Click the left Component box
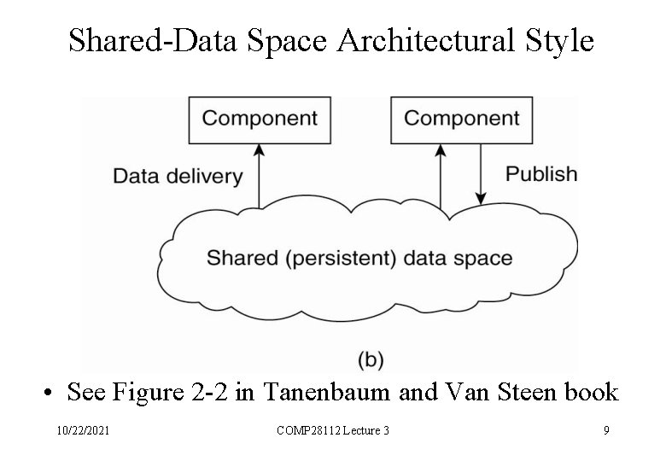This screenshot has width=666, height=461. (x=259, y=119)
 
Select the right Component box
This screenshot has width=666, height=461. (x=461, y=119)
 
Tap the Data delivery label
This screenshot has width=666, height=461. (x=178, y=177)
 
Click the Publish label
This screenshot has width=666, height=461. (x=540, y=174)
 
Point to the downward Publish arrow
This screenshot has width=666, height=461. (x=481, y=174)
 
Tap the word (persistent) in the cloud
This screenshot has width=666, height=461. (x=340, y=258)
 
